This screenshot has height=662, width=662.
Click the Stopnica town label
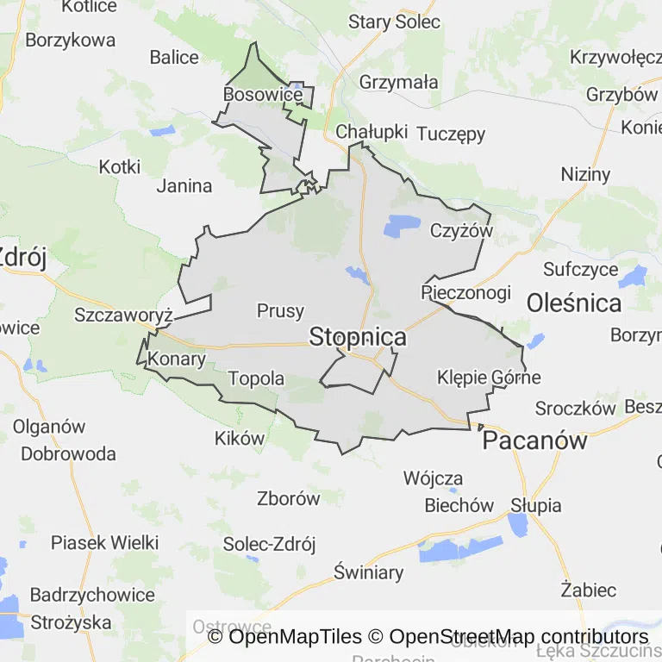357,336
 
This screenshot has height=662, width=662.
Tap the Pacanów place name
534,440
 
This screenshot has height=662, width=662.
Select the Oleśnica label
573,303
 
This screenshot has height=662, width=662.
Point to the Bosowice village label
262,94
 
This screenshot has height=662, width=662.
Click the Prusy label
280,311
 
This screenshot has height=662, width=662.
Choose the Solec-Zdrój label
269,544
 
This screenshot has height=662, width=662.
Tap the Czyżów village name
461,231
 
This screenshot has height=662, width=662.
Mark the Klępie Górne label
489,378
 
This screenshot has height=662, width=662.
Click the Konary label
177,359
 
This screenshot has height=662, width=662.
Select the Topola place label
256,378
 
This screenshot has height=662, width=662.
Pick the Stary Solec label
394,22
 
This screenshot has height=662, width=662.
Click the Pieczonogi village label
465,292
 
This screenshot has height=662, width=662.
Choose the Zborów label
288,497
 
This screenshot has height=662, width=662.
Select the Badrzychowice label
92,595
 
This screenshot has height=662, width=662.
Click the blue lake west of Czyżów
402,226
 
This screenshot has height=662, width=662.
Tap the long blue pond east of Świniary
460,549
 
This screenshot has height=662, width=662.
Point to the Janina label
184,185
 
